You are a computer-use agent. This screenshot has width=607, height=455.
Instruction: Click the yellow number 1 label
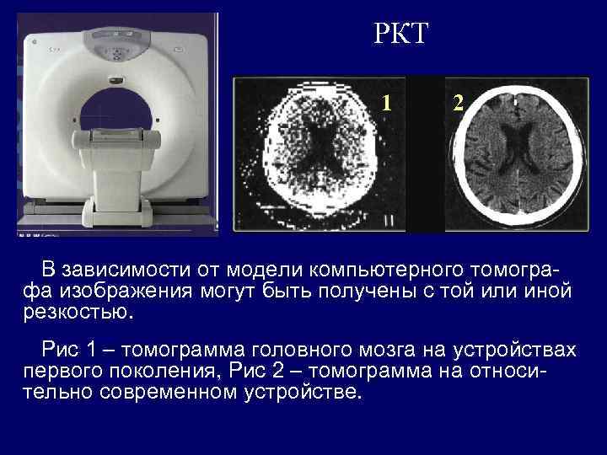[x=385, y=103]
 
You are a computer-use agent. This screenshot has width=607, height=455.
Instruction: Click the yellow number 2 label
[x=458, y=103]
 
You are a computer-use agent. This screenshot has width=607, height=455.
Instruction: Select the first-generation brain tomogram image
[x=320, y=154]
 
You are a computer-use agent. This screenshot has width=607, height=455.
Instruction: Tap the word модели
[x=263, y=270]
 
